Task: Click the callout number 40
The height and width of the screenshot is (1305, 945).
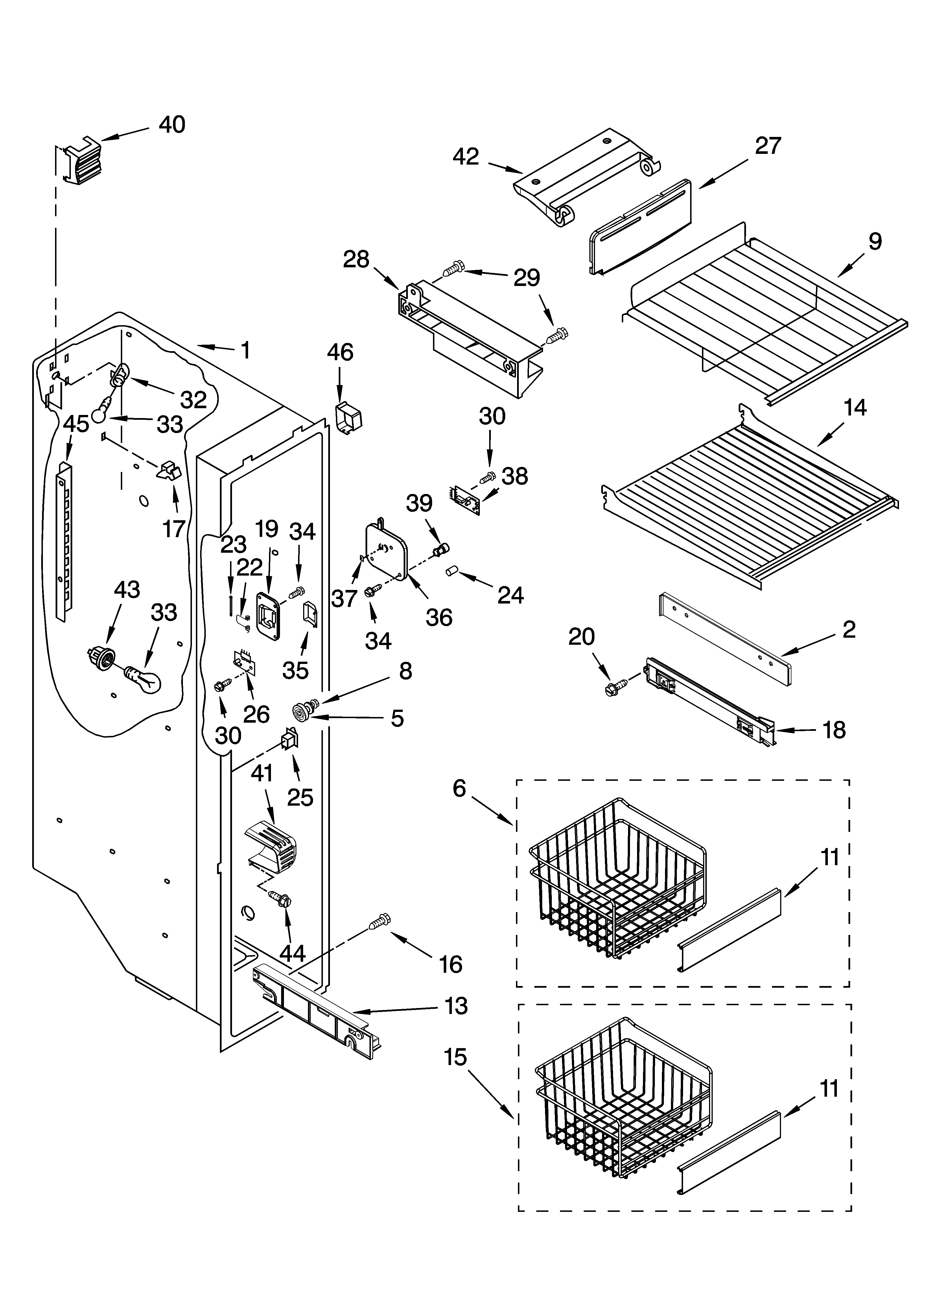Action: coord(172,125)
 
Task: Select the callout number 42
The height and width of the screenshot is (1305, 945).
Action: coord(466,156)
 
